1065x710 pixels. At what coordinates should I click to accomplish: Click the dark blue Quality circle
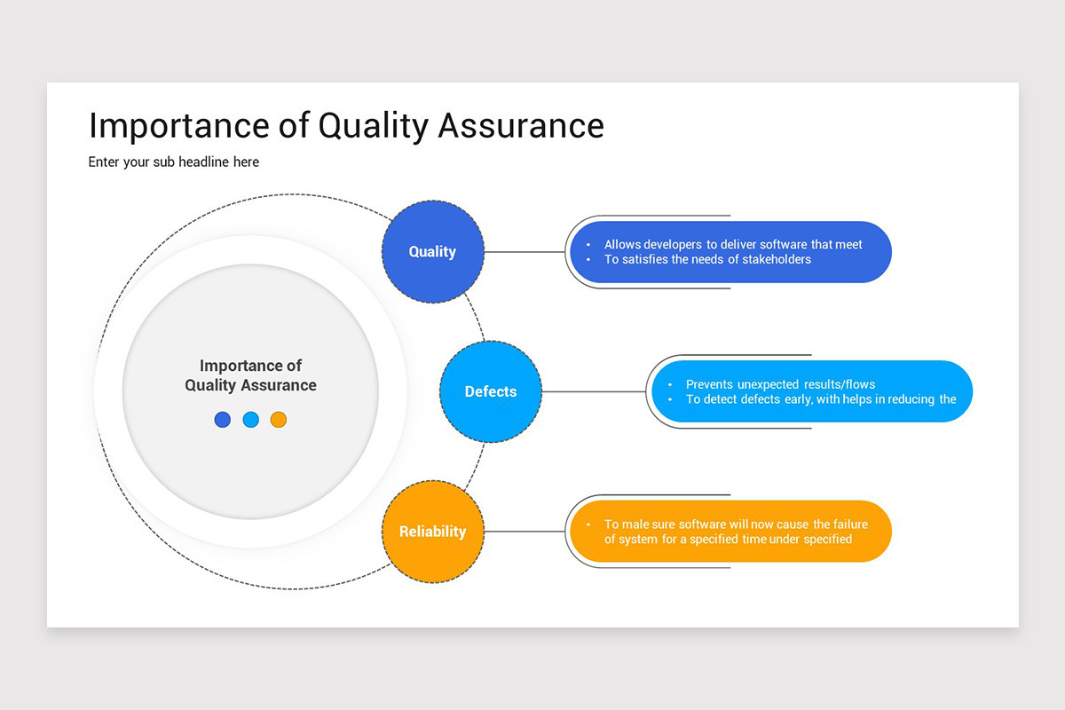[432, 252]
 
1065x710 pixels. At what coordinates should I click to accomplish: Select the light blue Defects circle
[491, 391]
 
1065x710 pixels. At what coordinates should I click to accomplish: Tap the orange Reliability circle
[432, 532]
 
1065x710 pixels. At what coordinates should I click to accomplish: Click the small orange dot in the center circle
[279, 420]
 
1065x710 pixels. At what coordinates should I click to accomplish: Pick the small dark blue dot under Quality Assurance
[223, 420]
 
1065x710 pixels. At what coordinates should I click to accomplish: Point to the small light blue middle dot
[250, 420]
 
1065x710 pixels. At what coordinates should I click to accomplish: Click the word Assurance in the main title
[521, 125]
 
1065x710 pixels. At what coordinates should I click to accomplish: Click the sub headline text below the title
[174, 162]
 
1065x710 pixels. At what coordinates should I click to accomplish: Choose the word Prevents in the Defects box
[712, 384]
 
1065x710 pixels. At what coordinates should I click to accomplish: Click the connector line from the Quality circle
[524, 252]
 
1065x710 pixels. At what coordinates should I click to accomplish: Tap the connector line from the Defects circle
[593, 391]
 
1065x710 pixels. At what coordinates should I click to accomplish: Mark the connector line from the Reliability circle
[524, 532]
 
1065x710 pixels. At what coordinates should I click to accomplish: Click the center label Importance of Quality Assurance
[250, 375]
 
